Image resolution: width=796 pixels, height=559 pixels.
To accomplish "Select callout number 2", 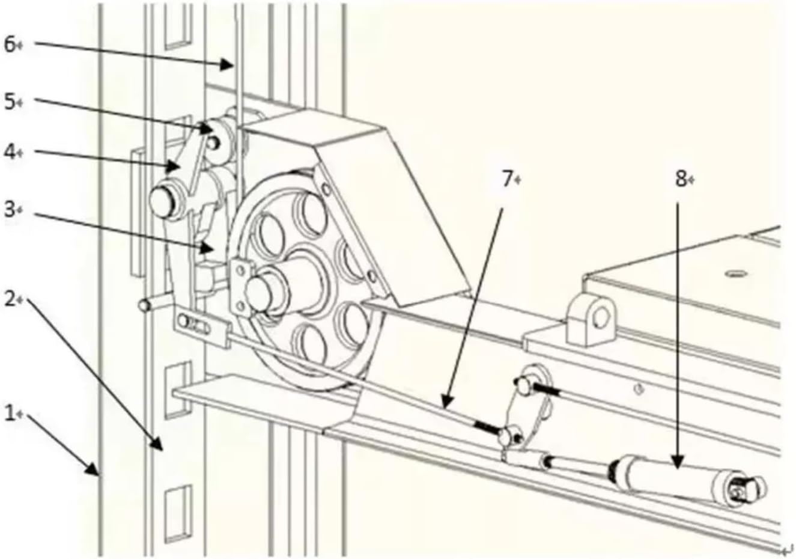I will click(10, 299).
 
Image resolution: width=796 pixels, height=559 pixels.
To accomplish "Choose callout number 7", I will click(508, 179).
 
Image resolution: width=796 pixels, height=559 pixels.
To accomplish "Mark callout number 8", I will click(680, 179).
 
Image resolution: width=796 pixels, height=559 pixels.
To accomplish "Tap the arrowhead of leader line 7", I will click(443, 406).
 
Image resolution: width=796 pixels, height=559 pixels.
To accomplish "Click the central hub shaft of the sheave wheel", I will click(258, 289).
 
